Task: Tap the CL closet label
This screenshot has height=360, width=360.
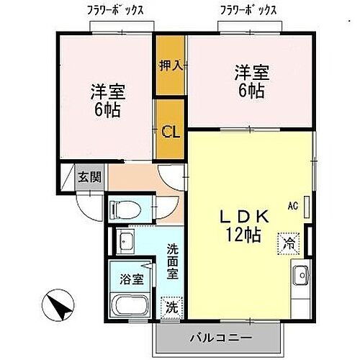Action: tap(170, 132)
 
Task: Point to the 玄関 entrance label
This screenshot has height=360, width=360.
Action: tap(90, 176)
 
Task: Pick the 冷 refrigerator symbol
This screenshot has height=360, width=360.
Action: tap(287, 243)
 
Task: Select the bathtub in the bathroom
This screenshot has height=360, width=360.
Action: tap(128, 308)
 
